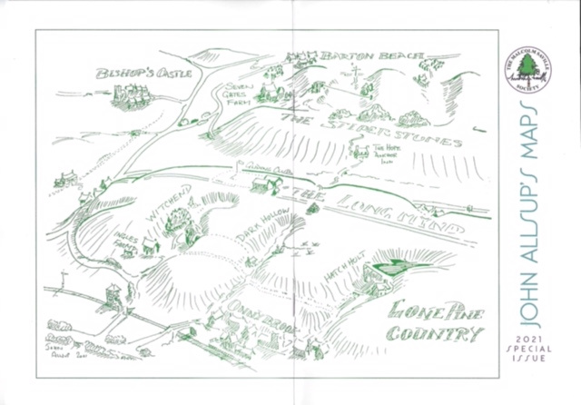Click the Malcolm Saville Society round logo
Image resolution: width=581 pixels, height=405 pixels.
coord(528,72)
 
